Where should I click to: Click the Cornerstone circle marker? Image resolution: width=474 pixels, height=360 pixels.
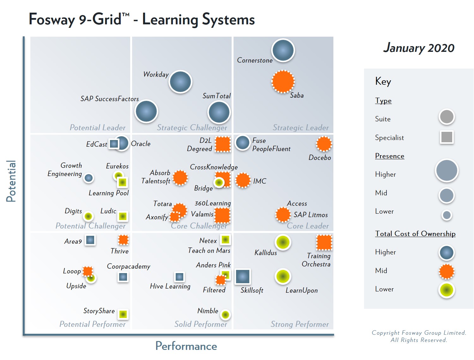point(283,50)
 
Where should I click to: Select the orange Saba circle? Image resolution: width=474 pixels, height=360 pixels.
point(283,82)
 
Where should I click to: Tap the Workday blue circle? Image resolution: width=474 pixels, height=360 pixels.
point(180,82)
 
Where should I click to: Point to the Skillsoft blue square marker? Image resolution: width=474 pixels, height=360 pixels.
point(243,277)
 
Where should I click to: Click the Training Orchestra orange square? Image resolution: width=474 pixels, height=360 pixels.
point(324,243)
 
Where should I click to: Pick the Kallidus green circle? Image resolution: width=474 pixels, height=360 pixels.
point(283,242)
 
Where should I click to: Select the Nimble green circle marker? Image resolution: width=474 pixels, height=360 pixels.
point(225,314)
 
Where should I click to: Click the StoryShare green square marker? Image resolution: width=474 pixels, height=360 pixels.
point(123,314)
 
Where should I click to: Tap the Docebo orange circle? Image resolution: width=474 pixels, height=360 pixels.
point(324,144)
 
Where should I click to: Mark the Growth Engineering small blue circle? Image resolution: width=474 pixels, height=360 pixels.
point(89,178)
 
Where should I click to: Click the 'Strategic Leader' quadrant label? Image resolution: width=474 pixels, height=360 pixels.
point(301,128)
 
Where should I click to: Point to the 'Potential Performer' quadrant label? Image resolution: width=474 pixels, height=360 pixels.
point(92,324)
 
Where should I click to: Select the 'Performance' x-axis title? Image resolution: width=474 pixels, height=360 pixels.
point(186,346)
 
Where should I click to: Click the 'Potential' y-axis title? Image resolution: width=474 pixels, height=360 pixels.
point(11,181)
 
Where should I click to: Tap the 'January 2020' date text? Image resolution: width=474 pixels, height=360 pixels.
point(419,48)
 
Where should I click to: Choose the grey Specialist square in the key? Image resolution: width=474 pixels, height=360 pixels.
point(447,137)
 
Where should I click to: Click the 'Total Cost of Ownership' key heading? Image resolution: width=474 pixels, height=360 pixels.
point(415,234)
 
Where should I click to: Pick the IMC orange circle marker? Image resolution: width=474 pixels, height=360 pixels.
point(243,180)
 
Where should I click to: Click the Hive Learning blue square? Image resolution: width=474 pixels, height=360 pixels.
point(179,277)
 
